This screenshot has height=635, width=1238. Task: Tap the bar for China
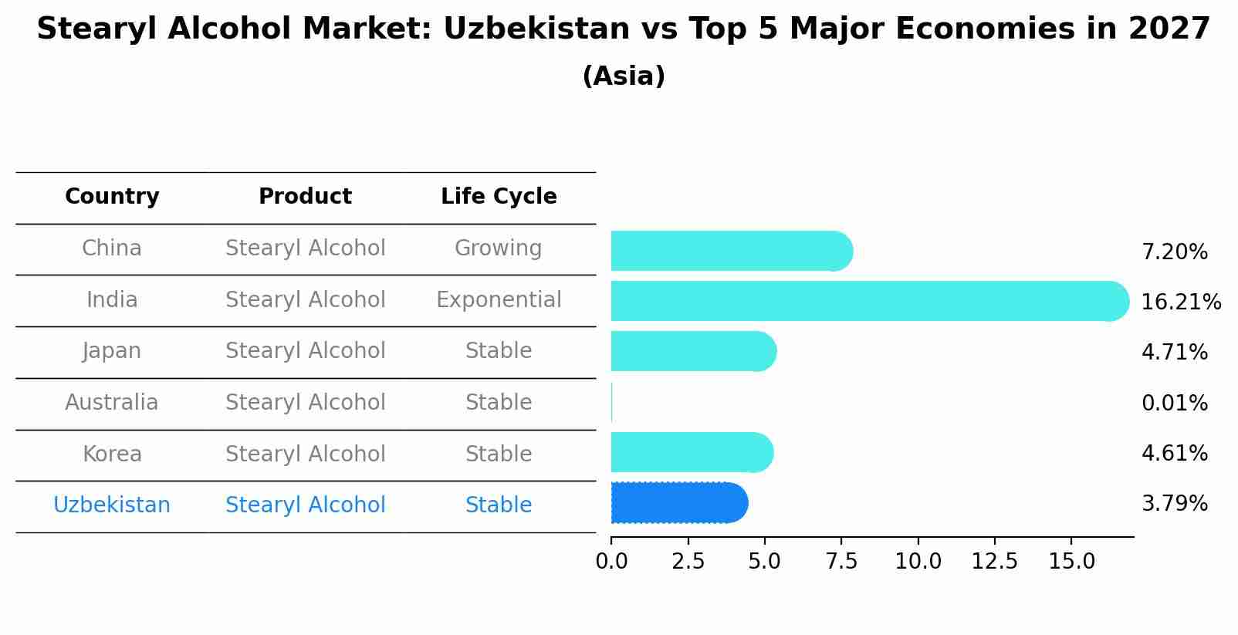coord(730,251)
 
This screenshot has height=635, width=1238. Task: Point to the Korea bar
coord(691,452)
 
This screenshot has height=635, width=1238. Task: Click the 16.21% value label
coord(1180,302)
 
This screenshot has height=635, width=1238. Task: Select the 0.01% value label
coord(1174,404)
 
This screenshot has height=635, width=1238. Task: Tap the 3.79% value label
coord(1174,504)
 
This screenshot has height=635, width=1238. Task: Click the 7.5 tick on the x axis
coord(841,562)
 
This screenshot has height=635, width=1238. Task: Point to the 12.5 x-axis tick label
coord(994,562)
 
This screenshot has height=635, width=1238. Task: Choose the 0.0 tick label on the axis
coord(611,562)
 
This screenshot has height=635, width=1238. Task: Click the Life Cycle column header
coord(499,197)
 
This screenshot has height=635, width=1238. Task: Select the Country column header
coord(112,197)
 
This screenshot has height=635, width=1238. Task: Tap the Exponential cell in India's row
coord(499,300)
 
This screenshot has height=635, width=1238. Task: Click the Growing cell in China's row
coord(498,248)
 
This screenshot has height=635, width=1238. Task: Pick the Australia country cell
coord(111,403)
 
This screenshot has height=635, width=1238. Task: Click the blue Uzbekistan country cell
coord(111,505)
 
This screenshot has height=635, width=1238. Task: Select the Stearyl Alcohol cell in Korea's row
coord(305,454)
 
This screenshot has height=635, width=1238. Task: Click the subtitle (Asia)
coord(624,76)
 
